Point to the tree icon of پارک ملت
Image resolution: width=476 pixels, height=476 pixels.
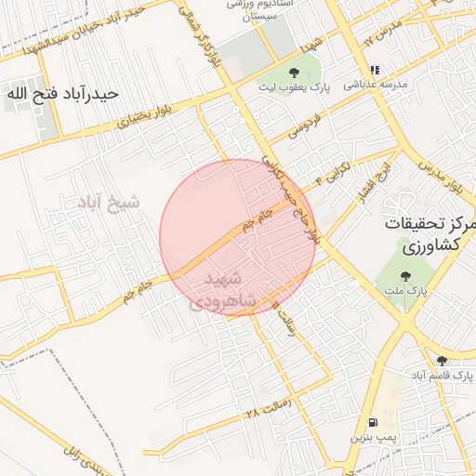point(404,275)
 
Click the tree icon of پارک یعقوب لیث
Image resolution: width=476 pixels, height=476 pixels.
point(295,71)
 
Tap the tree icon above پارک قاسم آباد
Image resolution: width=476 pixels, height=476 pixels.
point(442,361)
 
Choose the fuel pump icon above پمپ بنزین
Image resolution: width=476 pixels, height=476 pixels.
point(373,421)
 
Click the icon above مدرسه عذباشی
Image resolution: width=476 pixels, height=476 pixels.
point(375,70)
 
